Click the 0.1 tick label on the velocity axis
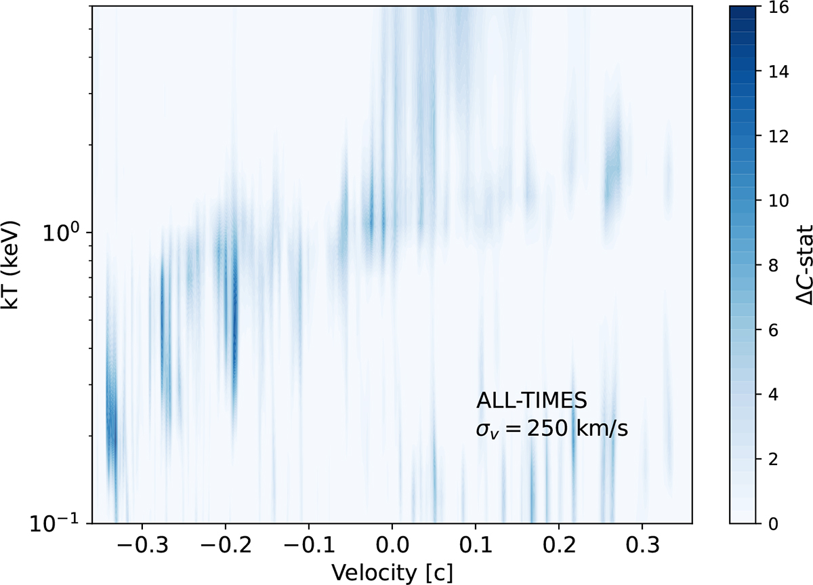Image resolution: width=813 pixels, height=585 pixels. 475,546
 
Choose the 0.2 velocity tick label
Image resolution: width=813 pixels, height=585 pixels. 558,546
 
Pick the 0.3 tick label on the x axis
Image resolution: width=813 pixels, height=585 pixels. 642,546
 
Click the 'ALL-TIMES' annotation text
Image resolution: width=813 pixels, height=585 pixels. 532,401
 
